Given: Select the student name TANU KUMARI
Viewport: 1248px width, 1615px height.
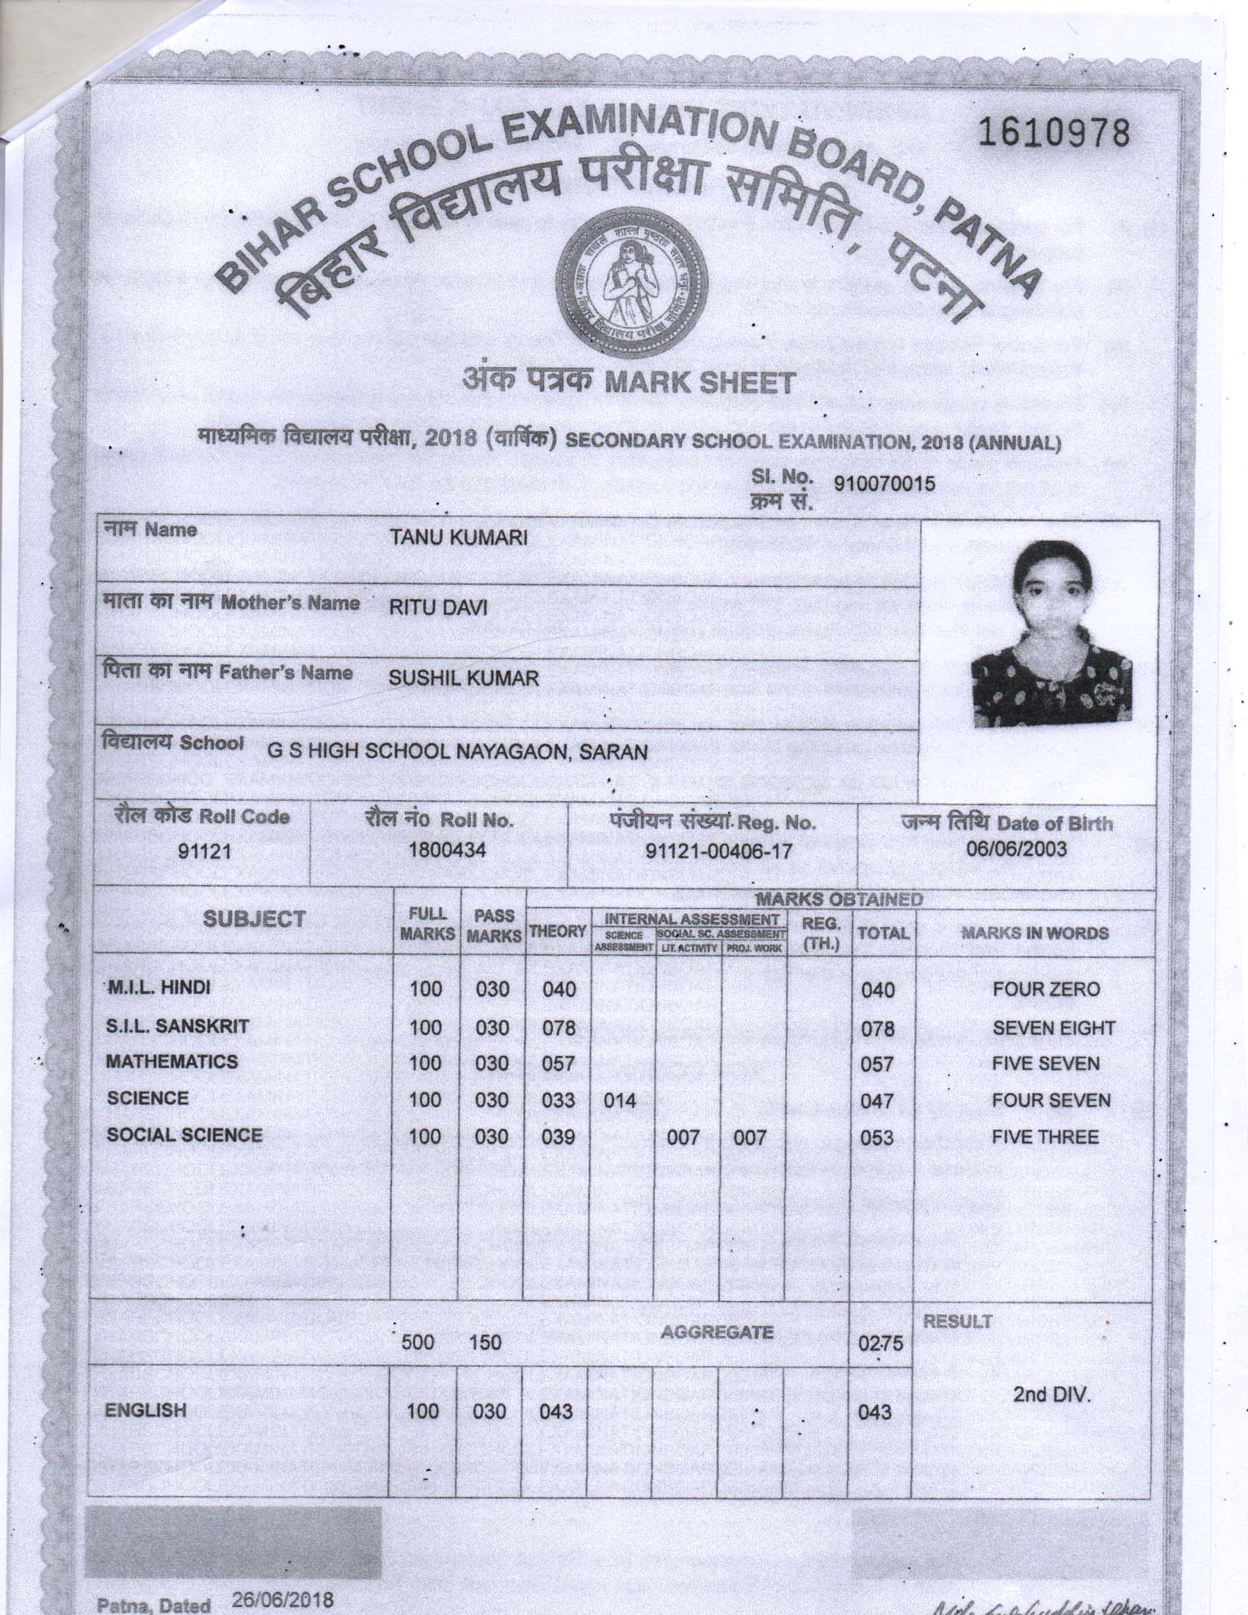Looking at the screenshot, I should [458, 538].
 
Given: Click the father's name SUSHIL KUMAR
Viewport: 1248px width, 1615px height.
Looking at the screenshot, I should [463, 678].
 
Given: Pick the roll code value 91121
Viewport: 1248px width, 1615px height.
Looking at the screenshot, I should [205, 852].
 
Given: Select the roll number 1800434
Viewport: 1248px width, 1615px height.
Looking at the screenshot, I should [447, 850].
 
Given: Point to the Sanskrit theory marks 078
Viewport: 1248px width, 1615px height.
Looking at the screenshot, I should [558, 1027].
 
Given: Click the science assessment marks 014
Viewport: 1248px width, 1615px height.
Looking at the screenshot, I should [620, 1100].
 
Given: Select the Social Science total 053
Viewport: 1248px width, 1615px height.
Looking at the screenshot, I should [877, 1138].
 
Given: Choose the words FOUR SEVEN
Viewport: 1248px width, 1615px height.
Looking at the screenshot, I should [1051, 1100].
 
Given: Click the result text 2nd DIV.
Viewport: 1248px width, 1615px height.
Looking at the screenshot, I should [1052, 1396].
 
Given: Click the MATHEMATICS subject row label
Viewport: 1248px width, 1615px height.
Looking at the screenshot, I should [172, 1062].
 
